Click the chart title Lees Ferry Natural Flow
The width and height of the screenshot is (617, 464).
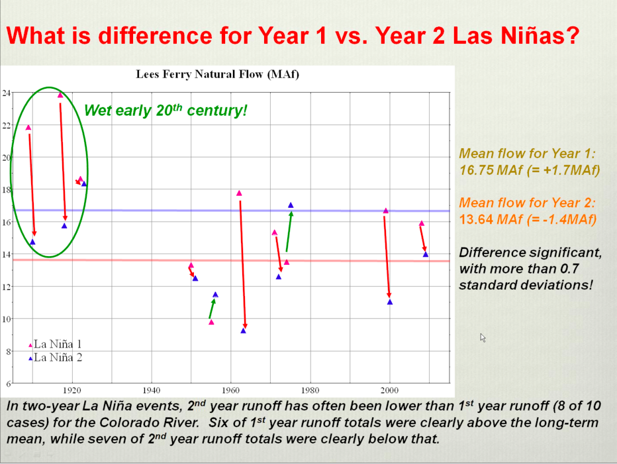click(x=218, y=74)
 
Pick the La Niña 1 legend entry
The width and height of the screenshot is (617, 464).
click(x=57, y=344)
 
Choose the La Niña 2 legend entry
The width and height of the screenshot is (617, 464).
click(x=57, y=358)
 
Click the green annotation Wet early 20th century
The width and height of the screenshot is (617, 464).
click(x=166, y=110)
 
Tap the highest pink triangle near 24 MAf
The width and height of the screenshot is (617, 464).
click(x=60, y=95)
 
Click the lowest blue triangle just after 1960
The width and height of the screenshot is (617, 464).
click(x=244, y=330)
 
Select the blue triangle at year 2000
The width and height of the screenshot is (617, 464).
click(x=390, y=302)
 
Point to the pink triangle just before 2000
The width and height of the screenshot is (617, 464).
click(x=386, y=210)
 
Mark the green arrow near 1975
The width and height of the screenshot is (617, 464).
click(x=289, y=232)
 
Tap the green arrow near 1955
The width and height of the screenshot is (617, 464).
click(x=212, y=308)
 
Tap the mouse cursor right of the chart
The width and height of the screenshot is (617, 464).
click(x=483, y=337)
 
